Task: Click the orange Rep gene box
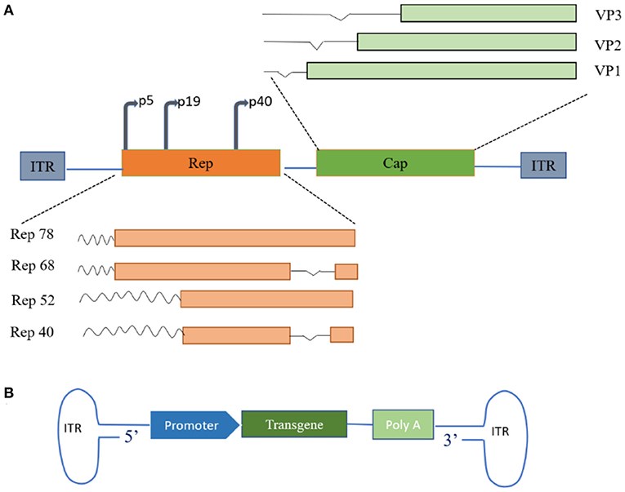pyautogui.click(x=200, y=163)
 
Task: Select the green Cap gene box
pyautogui.click(x=395, y=163)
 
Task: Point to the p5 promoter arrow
pyautogui.click(x=129, y=122)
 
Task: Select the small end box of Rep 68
pyautogui.click(x=346, y=272)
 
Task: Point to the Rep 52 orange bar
pyautogui.click(x=266, y=299)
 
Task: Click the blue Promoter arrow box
pyautogui.click(x=193, y=424)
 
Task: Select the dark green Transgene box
pyautogui.click(x=295, y=424)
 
